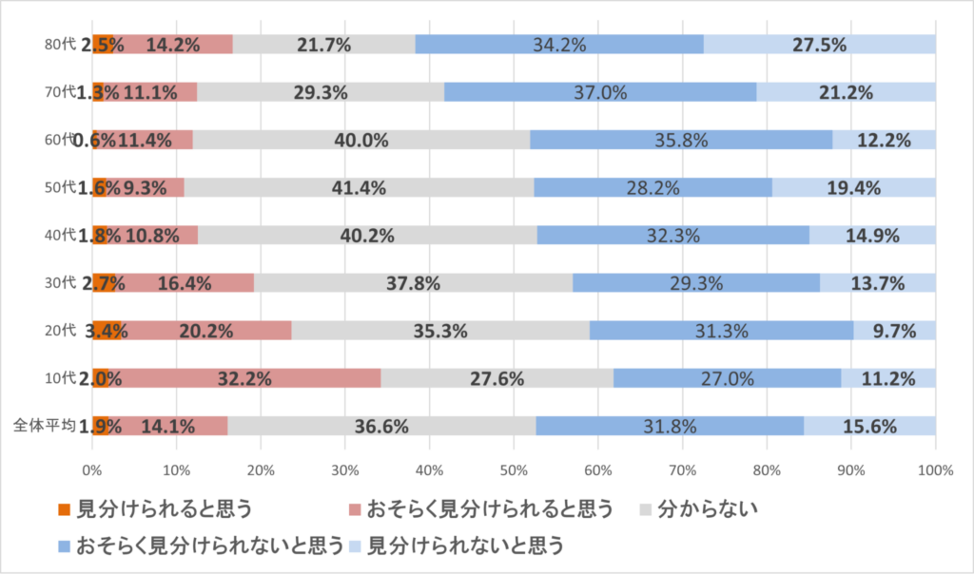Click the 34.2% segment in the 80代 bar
tap(559, 44)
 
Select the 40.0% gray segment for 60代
tap(361, 140)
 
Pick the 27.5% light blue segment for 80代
tap(820, 44)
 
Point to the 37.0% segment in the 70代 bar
tap(600, 92)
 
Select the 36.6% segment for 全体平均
tap(380, 426)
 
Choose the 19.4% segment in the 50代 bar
tap(853, 187)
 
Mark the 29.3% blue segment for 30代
tap(695, 282)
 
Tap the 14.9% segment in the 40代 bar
tap(872, 235)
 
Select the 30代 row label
tap(59, 282)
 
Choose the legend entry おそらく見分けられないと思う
tap(209, 545)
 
